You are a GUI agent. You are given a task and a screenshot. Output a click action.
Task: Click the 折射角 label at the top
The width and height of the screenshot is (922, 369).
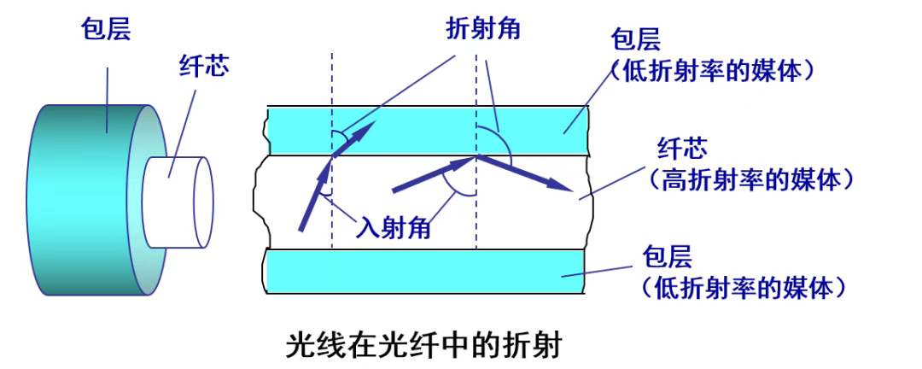coord(483,27)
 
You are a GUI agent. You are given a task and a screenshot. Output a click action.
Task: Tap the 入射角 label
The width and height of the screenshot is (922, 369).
coord(393,227)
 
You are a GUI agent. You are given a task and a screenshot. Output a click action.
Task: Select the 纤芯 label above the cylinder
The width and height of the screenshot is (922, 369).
coord(204,67)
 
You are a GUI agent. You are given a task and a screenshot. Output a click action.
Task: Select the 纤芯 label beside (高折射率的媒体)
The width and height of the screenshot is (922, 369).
coord(683,148)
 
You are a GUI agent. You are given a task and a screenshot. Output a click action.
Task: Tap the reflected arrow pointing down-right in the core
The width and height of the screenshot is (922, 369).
coord(524,173)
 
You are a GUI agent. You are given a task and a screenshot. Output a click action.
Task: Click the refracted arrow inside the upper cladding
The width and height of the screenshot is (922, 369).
coord(354,139)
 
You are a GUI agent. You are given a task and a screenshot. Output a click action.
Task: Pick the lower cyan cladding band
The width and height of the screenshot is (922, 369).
coord(425,271)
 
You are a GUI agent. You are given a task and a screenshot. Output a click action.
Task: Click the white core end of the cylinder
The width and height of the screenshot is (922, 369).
coord(179,202)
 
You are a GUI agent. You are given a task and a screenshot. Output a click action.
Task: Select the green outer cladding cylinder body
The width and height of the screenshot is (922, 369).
coord(88,200)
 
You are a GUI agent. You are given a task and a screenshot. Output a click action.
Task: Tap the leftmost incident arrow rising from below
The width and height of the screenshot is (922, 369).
coord(314,194)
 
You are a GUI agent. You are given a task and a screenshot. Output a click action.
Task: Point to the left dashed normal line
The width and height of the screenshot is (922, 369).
coord(331,150)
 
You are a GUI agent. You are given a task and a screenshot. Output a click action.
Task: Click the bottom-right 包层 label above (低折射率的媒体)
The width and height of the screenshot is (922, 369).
coord(668,257)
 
